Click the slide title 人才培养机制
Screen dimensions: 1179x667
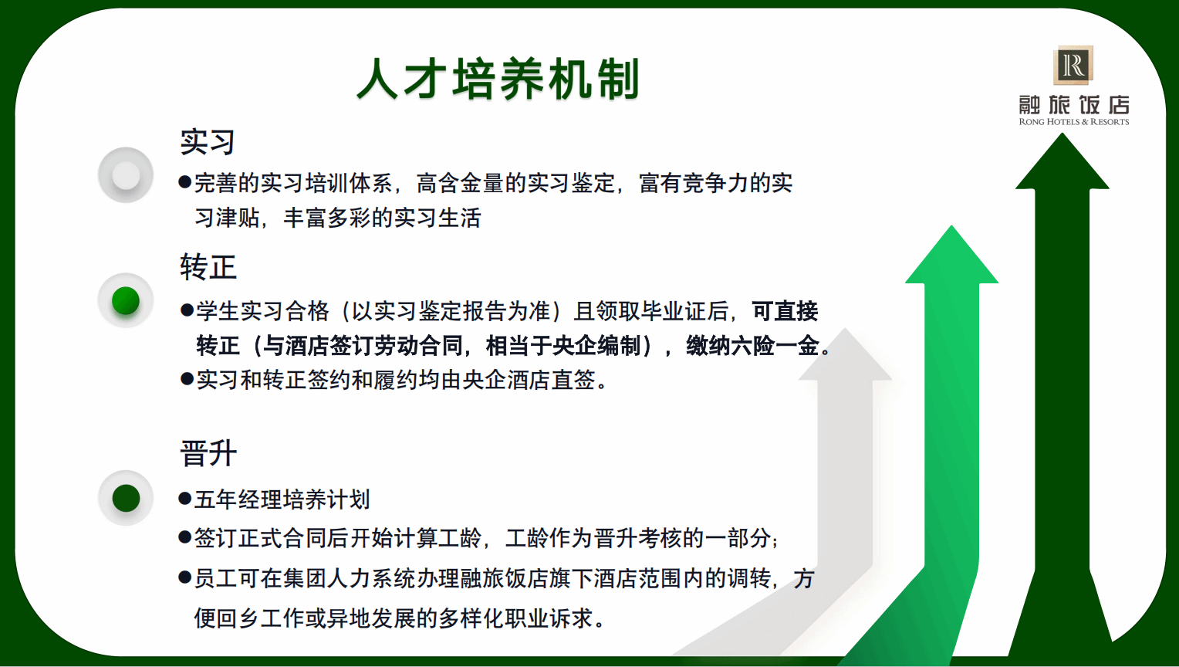(x=498, y=79)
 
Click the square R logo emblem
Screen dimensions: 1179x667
(x=1073, y=65)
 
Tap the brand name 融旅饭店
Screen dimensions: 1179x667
(x=1074, y=105)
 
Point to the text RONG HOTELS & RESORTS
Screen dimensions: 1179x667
(x=1074, y=122)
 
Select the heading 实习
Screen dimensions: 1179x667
(x=208, y=142)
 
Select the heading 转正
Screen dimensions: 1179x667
(x=208, y=267)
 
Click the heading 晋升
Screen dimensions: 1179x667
(x=208, y=453)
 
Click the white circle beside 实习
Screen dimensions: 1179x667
(x=126, y=175)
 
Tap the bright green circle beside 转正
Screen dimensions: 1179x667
(x=126, y=300)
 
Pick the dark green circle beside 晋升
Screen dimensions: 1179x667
(x=126, y=498)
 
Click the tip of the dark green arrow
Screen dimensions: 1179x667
(x=1062, y=134)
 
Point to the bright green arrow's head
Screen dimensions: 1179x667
(x=951, y=256)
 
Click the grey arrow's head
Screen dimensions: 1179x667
(x=845, y=355)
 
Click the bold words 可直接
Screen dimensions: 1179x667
(x=785, y=311)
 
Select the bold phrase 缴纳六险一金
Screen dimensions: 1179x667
(x=752, y=346)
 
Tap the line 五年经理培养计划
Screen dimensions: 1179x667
(x=282, y=499)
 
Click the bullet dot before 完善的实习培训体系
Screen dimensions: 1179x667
(x=184, y=182)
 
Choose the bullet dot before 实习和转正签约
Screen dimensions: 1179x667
(x=186, y=378)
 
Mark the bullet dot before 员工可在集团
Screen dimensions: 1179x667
(x=184, y=577)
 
